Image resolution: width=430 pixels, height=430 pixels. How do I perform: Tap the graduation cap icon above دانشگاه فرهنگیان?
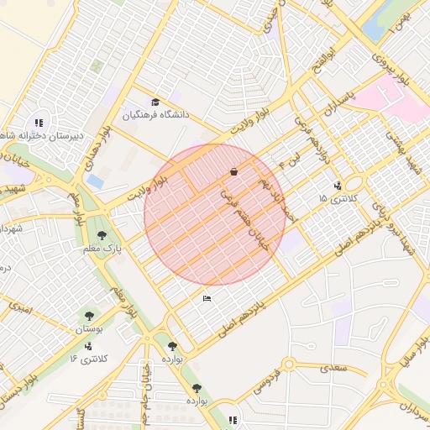point(154,102)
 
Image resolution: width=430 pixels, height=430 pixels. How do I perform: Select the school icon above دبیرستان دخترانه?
point(39,123)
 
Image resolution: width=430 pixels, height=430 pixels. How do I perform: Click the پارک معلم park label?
point(102,249)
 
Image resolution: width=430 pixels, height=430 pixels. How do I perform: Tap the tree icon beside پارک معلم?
point(102,236)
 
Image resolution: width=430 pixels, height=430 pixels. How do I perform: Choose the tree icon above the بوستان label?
point(89,317)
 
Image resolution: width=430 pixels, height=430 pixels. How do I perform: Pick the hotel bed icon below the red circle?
point(207,298)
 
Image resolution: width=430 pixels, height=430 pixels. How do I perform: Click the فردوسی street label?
point(266,385)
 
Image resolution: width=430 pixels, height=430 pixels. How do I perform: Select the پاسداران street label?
point(340,105)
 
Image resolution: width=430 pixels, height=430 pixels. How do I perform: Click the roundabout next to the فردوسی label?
point(289,364)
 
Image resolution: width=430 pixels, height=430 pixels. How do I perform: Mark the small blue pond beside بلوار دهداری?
point(95,181)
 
